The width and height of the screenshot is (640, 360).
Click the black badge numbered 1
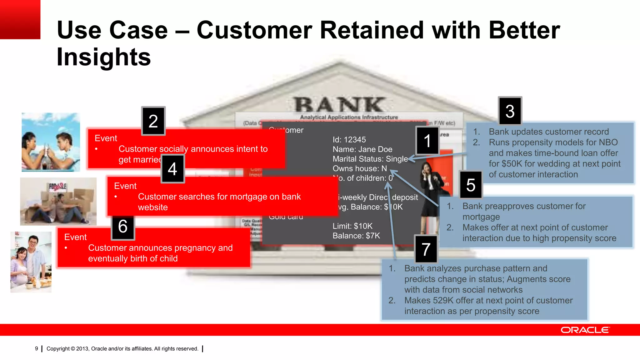click(x=427, y=141)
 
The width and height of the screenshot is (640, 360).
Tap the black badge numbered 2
click(x=153, y=121)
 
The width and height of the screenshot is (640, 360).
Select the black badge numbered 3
click(x=510, y=111)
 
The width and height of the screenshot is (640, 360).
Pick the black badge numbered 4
click(x=172, y=169)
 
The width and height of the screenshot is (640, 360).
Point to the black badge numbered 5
click(x=471, y=185)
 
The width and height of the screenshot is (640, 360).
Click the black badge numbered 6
click(x=123, y=226)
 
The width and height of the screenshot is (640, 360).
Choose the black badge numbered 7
click(x=426, y=249)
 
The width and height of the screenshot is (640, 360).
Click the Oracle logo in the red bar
click(x=585, y=330)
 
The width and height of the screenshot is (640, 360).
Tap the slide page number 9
click(x=37, y=349)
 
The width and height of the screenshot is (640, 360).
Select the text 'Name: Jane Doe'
click(x=362, y=149)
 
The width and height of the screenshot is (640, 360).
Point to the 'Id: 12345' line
click(x=349, y=140)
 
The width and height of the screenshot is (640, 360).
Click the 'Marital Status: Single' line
click(x=370, y=159)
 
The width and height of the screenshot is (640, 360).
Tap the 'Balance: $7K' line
click(x=356, y=236)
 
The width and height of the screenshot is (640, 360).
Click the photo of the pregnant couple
click(x=31, y=262)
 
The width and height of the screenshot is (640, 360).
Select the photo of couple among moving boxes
click(x=58, y=202)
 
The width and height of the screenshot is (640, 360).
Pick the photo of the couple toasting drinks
click(x=51, y=142)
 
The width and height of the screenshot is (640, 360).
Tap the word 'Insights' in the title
click(x=104, y=57)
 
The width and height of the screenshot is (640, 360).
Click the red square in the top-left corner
click(x=20, y=19)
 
